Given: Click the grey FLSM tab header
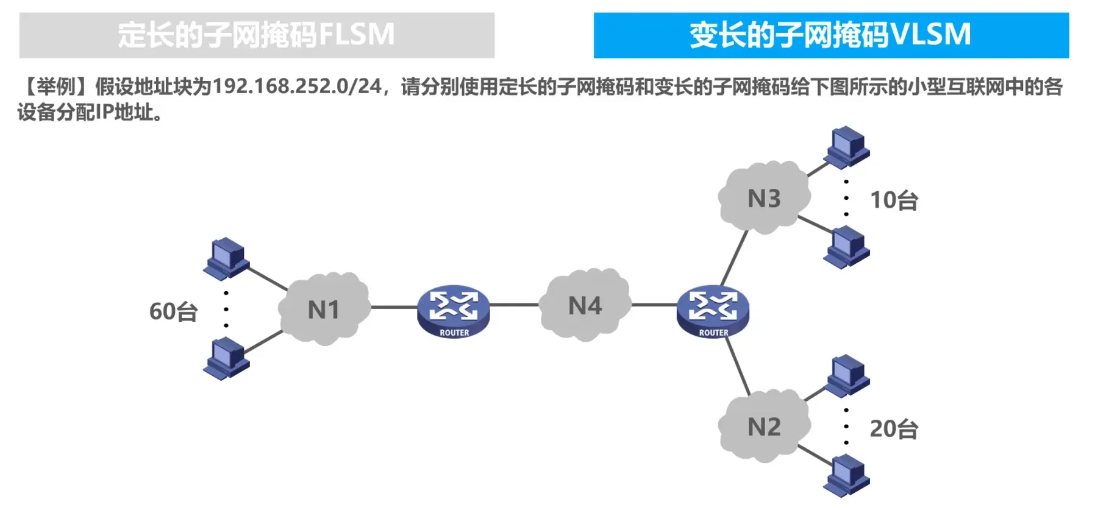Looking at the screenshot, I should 256,35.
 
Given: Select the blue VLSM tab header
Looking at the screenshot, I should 830,35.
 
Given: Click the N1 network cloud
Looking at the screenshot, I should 324,309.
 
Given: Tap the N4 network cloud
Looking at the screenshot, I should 585,305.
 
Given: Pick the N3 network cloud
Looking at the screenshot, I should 764,198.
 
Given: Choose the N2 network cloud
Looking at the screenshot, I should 764,426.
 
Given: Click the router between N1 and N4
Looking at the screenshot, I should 454,311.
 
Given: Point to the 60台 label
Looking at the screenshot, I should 173,311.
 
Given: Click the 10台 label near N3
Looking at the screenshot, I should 894,200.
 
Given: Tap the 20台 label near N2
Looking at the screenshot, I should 894,429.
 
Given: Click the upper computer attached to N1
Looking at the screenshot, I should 226,258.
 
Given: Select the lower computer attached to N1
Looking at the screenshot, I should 226,359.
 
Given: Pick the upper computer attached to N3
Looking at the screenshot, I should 847,147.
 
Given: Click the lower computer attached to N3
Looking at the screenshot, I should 847,247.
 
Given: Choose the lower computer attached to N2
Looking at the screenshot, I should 847,476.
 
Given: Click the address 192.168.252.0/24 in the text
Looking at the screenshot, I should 297,87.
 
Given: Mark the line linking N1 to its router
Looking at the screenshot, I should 393,307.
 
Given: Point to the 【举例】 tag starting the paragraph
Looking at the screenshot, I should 55,87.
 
